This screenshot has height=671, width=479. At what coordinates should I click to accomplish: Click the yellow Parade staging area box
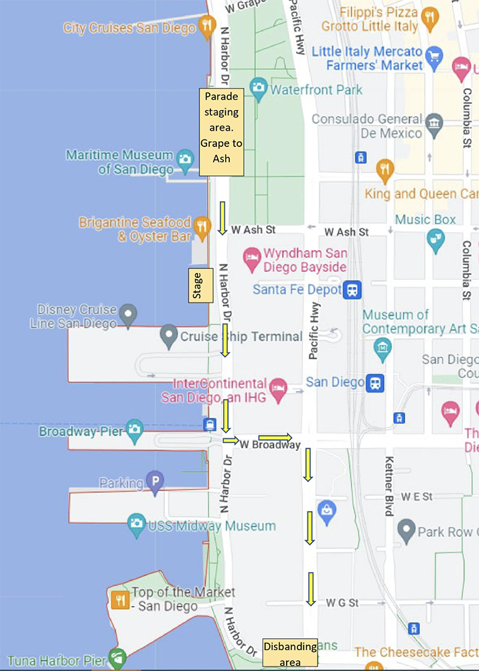click(x=221, y=132)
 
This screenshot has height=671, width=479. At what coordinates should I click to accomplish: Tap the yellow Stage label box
click(x=197, y=285)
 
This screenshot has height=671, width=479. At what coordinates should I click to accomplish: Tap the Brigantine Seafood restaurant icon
click(x=201, y=228)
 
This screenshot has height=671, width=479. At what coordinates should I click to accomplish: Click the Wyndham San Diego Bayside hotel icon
click(x=251, y=256)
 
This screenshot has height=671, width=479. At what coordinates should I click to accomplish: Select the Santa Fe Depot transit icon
click(x=352, y=290)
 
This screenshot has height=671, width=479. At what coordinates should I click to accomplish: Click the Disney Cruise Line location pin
click(x=127, y=313)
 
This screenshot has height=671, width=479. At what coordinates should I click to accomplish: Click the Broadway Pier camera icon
click(x=135, y=429)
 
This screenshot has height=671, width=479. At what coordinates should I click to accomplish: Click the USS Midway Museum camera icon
click(x=136, y=524)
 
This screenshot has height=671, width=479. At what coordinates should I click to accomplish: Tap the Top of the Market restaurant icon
click(x=121, y=599)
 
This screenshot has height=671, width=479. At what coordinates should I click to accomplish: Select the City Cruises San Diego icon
click(x=206, y=27)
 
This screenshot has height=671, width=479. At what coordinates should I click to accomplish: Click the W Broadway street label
click(x=269, y=445)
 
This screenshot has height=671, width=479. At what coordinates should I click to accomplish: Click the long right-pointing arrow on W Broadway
click(x=275, y=437)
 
